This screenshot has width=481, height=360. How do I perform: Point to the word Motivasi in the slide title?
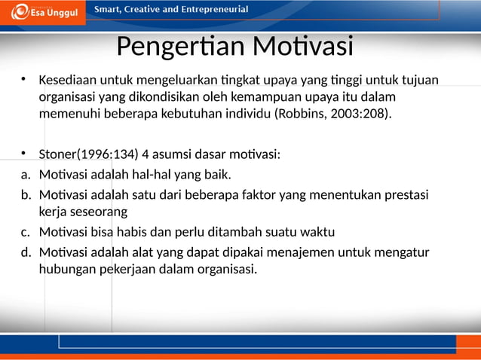(x=302, y=47)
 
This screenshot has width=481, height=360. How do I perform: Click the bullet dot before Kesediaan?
(x=24, y=79)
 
